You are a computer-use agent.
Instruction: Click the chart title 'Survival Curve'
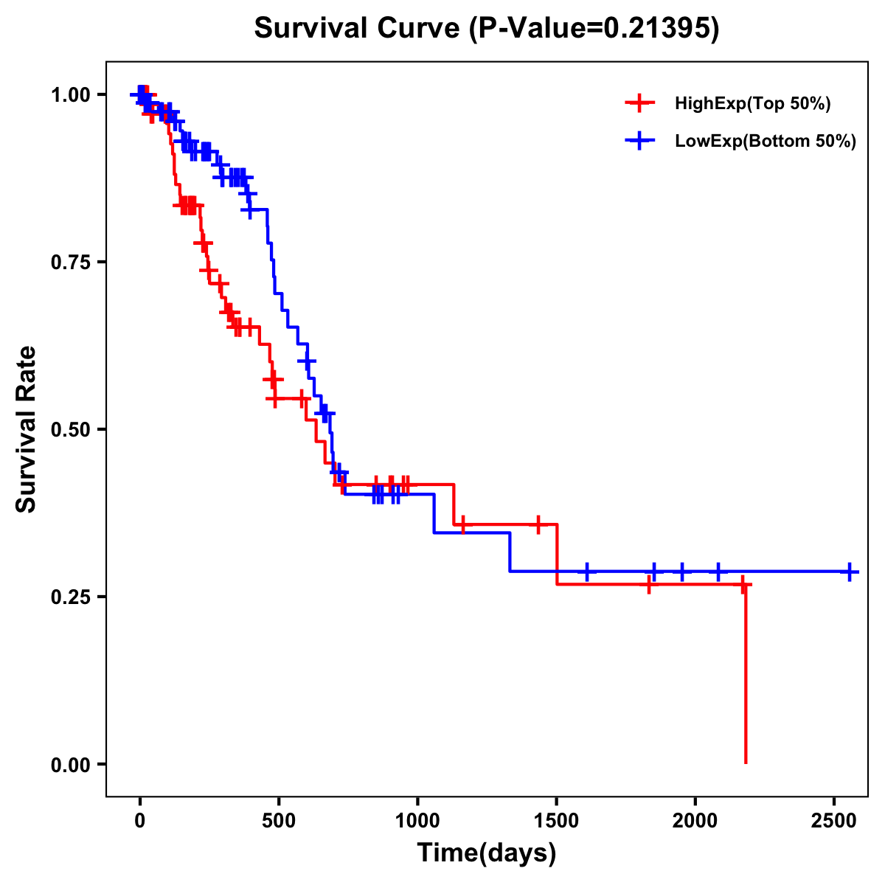tap(359, 29)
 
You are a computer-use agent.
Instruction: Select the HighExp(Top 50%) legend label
tap(752, 104)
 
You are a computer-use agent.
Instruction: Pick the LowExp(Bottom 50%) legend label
tap(765, 142)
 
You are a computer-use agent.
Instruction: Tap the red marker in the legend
tap(639, 103)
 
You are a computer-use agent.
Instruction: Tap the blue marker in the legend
tap(639, 141)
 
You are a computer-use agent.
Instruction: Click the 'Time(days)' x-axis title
tap(487, 853)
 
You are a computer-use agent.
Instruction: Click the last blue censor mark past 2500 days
tap(850, 572)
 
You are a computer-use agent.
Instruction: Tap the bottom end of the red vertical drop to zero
tap(746, 762)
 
